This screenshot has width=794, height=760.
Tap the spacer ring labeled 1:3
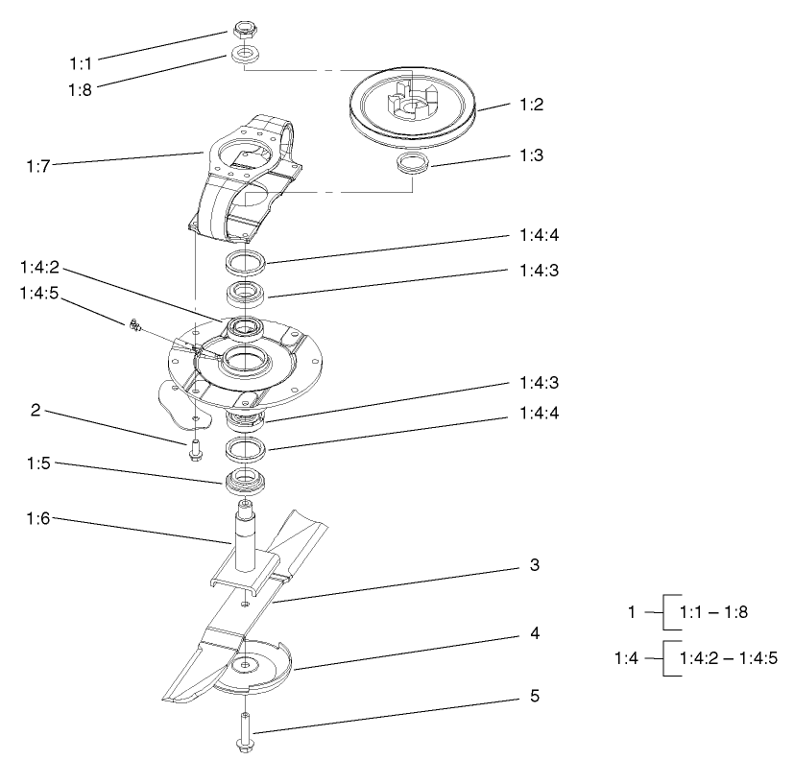(x=414, y=163)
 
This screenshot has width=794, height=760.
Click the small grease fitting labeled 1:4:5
(x=135, y=327)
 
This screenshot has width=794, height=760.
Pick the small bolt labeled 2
(x=195, y=445)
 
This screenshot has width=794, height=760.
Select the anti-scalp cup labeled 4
(x=252, y=667)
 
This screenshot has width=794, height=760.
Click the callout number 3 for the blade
(x=535, y=565)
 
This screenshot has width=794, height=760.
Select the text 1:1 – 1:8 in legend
(x=713, y=610)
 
